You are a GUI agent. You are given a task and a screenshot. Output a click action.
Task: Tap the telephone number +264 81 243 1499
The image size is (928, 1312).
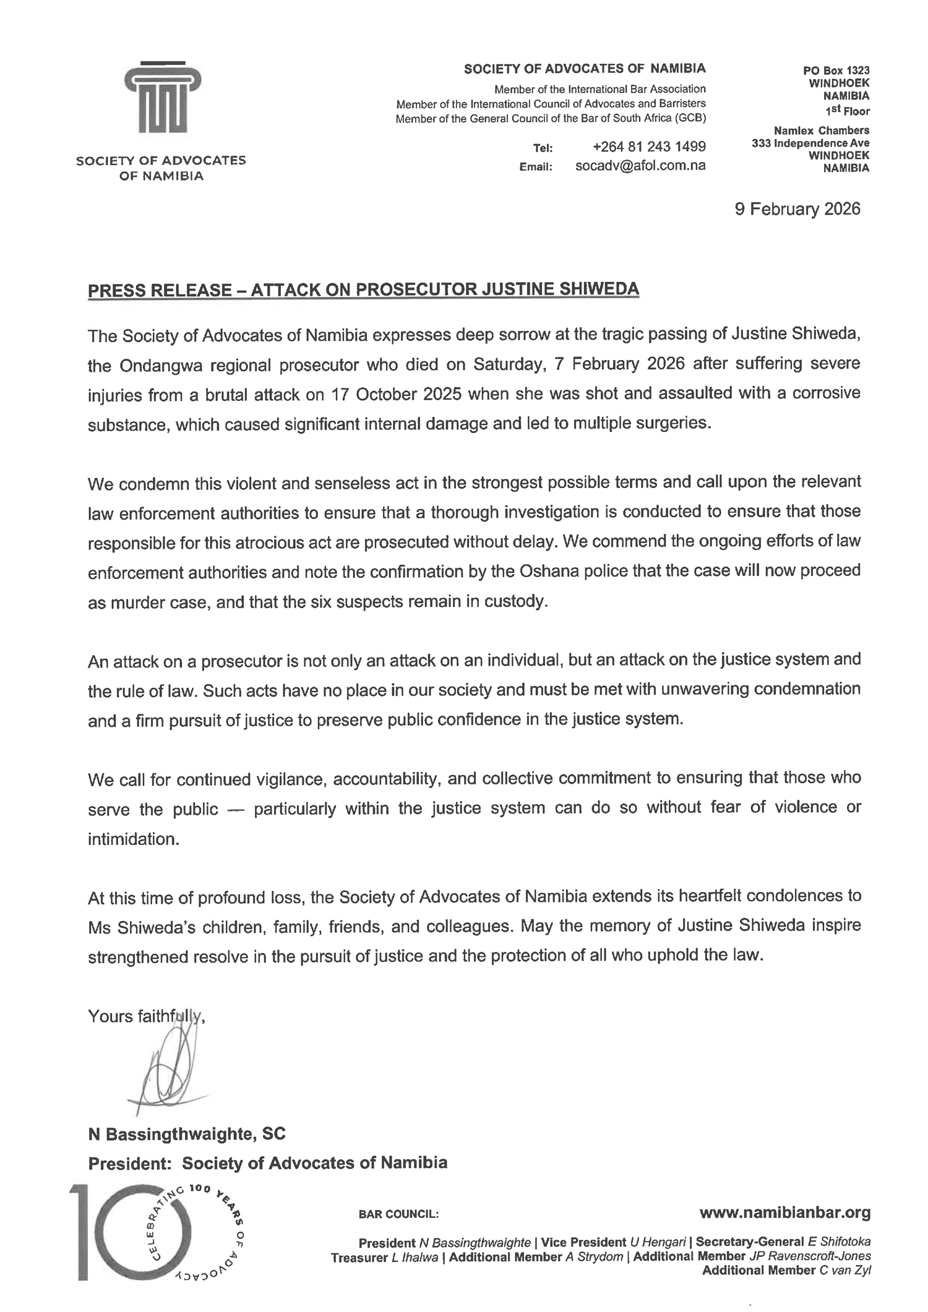[x=649, y=147]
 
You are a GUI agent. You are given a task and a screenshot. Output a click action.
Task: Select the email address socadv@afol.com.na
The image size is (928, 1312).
[x=640, y=166]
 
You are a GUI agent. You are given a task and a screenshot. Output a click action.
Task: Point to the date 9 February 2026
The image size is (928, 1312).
[x=797, y=209]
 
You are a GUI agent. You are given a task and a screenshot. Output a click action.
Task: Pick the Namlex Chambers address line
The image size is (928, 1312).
[x=821, y=131]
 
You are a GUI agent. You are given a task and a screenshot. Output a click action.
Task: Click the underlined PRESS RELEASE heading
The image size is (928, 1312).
[x=363, y=289]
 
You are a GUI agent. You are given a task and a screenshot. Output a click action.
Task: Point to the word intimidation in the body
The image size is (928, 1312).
[x=133, y=839]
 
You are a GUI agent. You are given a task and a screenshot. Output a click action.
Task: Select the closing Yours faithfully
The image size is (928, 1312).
[x=146, y=1016]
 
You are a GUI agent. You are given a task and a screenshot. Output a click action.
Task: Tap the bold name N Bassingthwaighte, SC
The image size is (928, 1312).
[x=187, y=1134]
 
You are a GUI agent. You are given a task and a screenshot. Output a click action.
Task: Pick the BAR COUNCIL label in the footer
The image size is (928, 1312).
[x=398, y=1214]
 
